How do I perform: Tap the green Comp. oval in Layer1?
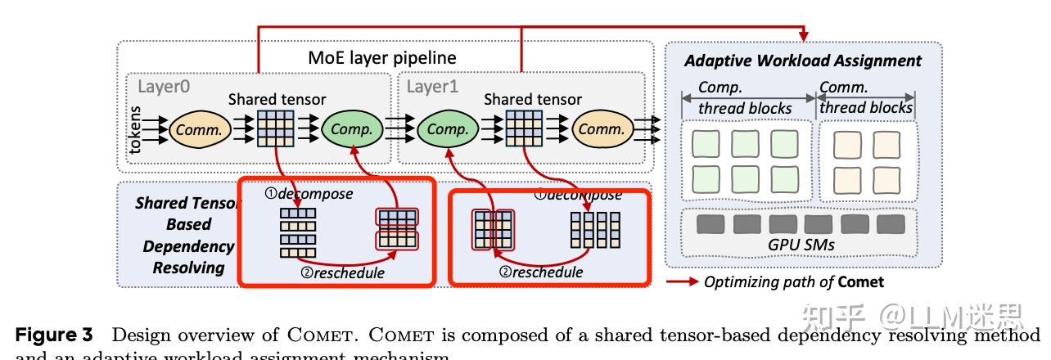click(x=448, y=128)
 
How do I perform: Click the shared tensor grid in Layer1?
click(x=524, y=128)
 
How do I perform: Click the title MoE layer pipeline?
click(x=381, y=58)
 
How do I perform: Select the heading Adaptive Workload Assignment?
click(x=802, y=61)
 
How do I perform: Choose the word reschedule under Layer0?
click(x=342, y=272)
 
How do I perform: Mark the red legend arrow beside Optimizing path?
click(x=683, y=282)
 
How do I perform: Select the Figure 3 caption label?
click(x=56, y=335)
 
